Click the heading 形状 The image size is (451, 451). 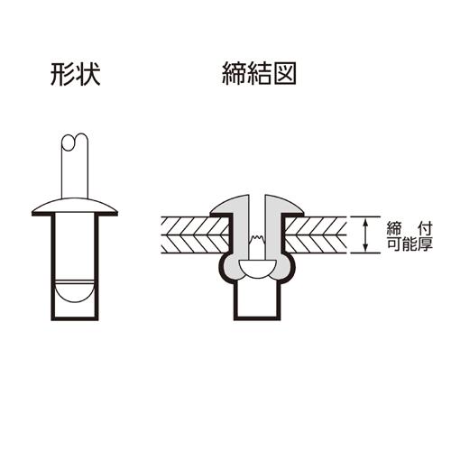(x=75, y=74)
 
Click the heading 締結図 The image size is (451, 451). (x=259, y=74)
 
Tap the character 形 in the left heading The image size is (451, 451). (x=62, y=74)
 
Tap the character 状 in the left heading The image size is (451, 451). (x=87, y=74)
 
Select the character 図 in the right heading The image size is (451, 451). (x=285, y=74)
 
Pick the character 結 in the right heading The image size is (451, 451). (x=259, y=74)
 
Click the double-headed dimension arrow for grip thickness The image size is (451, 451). (x=365, y=235)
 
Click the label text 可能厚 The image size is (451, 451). (x=410, y=244)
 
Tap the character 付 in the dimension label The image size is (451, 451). (x=426, y=229)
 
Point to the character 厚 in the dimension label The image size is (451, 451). (x=426, y=244)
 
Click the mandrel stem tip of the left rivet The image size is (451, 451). (x=75, y=142)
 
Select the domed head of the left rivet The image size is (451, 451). (x=75, y=207)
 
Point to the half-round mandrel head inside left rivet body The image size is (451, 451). (x=75, y=291)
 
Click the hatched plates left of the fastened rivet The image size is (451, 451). (x=196, y=235)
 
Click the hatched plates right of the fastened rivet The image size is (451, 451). (x=316, y=235)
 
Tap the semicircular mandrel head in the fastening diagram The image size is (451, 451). (x=257, y=269)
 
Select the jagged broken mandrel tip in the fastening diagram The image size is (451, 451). (x=257, y=240)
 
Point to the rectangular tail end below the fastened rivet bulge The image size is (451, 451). (x=257, y=300)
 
